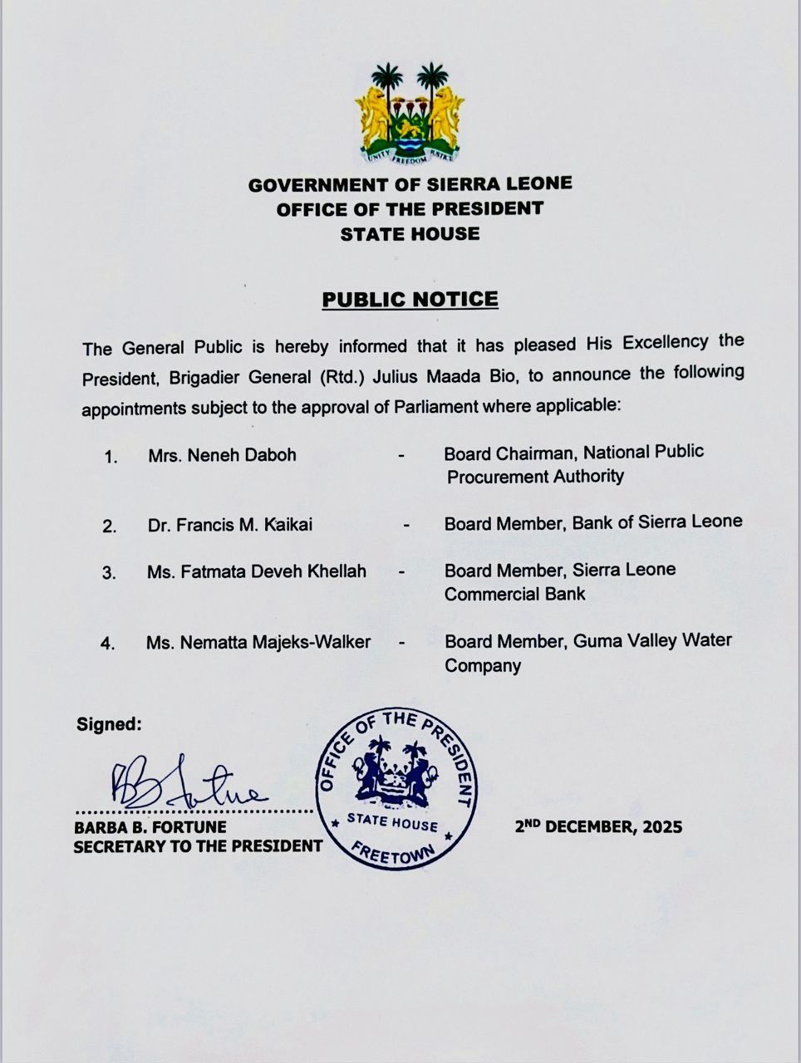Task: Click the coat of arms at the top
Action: (410, 114)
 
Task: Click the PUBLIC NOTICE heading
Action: (410, 300)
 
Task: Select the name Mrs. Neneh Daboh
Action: (222, 455)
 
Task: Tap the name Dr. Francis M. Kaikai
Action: (230, 525)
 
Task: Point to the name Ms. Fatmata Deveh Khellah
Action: (256, 572)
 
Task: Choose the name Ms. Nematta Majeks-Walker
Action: (258, 642)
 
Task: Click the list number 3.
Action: (109, 573)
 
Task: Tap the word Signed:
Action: (109, 724)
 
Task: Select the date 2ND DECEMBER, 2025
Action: (598, 826)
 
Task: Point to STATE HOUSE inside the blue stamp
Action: (392, 822)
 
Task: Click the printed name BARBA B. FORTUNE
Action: (150, 828)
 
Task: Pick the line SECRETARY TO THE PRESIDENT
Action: (198, 847)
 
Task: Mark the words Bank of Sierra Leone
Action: (657, 522)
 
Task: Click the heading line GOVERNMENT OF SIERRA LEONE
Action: (410, 184)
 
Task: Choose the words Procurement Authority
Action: (534, 477)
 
